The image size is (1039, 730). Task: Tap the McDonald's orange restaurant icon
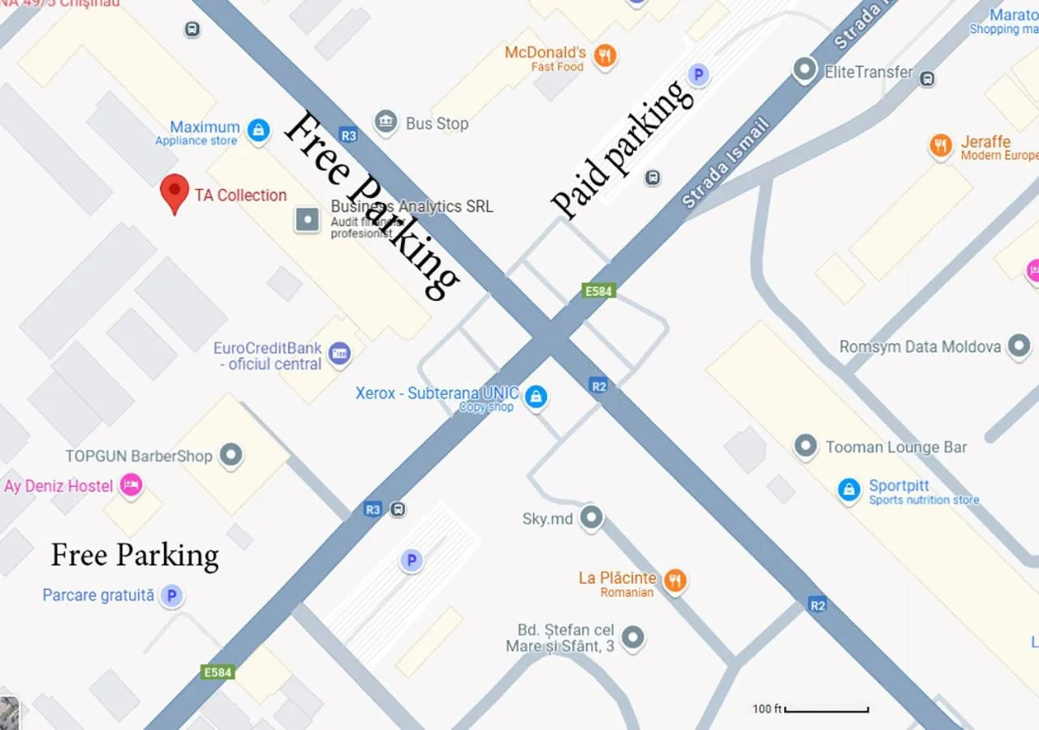click(x=604, y=56)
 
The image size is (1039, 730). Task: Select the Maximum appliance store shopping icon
click(x=258, y=130)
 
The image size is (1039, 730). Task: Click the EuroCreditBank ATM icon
click(x=339, y=354)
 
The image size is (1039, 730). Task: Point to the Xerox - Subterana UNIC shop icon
click(x=535, y=397)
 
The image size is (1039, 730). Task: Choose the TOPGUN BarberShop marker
click(x=231, y=455)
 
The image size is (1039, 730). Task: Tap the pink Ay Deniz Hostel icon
click(x=131, y=485)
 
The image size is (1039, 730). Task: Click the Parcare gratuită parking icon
click(x=170, y=596)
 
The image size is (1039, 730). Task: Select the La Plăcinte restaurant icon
click(x=675, y=581)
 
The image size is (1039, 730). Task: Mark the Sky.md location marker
click(x=592, y=517)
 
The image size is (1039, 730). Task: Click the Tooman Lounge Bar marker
click(x=805, y=446)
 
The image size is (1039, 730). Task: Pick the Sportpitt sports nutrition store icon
click(x=848, y=490)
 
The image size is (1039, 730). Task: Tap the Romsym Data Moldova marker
click(x=1019, y=346)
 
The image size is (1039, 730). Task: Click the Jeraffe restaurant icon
click(x=941, y=146)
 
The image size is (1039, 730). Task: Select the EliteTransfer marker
click(x=804, y=71)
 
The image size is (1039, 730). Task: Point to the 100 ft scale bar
click(x=826, y=710)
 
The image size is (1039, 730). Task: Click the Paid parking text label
click(x=623, y=149)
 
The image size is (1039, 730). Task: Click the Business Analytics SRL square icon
click(x=307, y=219)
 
